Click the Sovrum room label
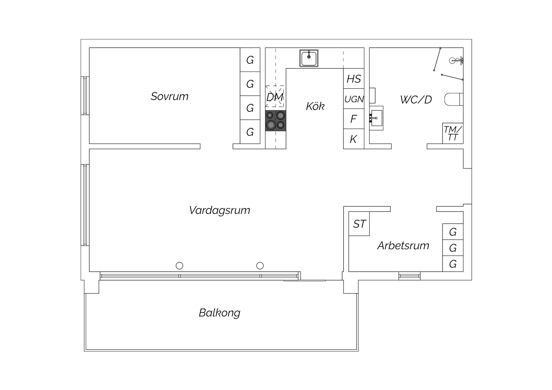(170, 96)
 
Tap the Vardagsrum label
(220, 210)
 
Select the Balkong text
(220, 313)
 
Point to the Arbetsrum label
(403, 246)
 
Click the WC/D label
(416, 100)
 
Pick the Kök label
(315, 106)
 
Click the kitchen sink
(309, 58)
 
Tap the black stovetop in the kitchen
(276, 121)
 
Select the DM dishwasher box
(275, 97)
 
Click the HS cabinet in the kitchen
(354, 78)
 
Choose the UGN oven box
(354, 99)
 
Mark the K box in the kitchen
(354, 139)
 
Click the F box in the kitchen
(354, 119)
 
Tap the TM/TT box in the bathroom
(453, 133)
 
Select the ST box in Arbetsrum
(359, 224)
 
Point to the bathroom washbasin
(376, 118)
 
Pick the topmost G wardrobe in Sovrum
(250, 60)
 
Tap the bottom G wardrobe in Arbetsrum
(453, 264)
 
